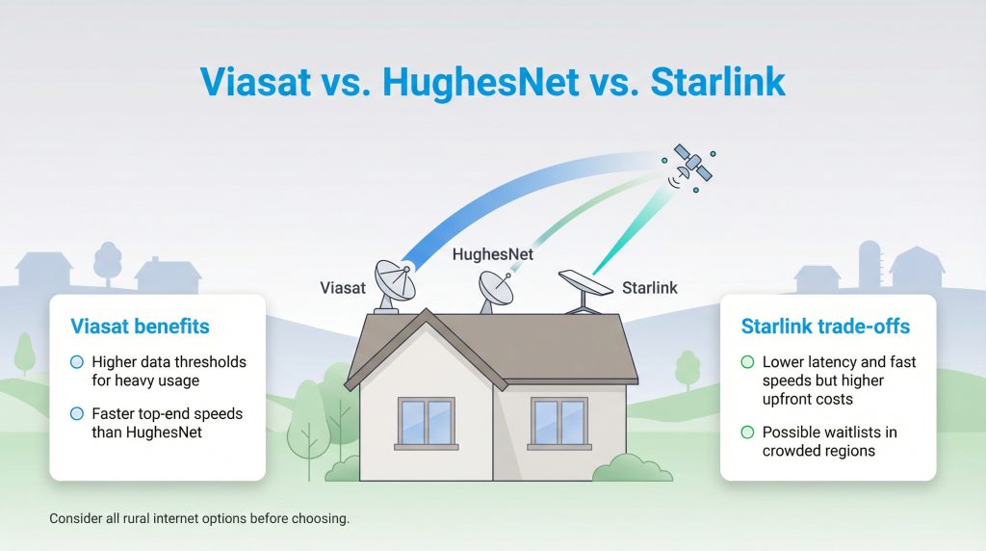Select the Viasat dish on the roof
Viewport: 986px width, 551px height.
(x=394, y=283)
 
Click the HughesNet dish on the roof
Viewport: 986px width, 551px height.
(x=496, y=288)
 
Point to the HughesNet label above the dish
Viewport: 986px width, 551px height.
(x=493, y=255)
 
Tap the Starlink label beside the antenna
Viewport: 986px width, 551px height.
(x=649, y=287)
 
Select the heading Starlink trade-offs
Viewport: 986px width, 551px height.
(x=825, y=327)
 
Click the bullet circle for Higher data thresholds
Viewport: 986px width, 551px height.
(x=77, y=362)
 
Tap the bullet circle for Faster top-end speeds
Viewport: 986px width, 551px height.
(x=77, y=413)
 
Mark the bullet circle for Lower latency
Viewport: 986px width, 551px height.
(x=747, y=362)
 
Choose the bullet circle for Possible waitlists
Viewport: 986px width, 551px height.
(x=747, y=433)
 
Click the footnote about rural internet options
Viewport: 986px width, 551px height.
(x=199, y=518)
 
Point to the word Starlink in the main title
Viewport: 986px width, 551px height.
(x=718, y=82)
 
